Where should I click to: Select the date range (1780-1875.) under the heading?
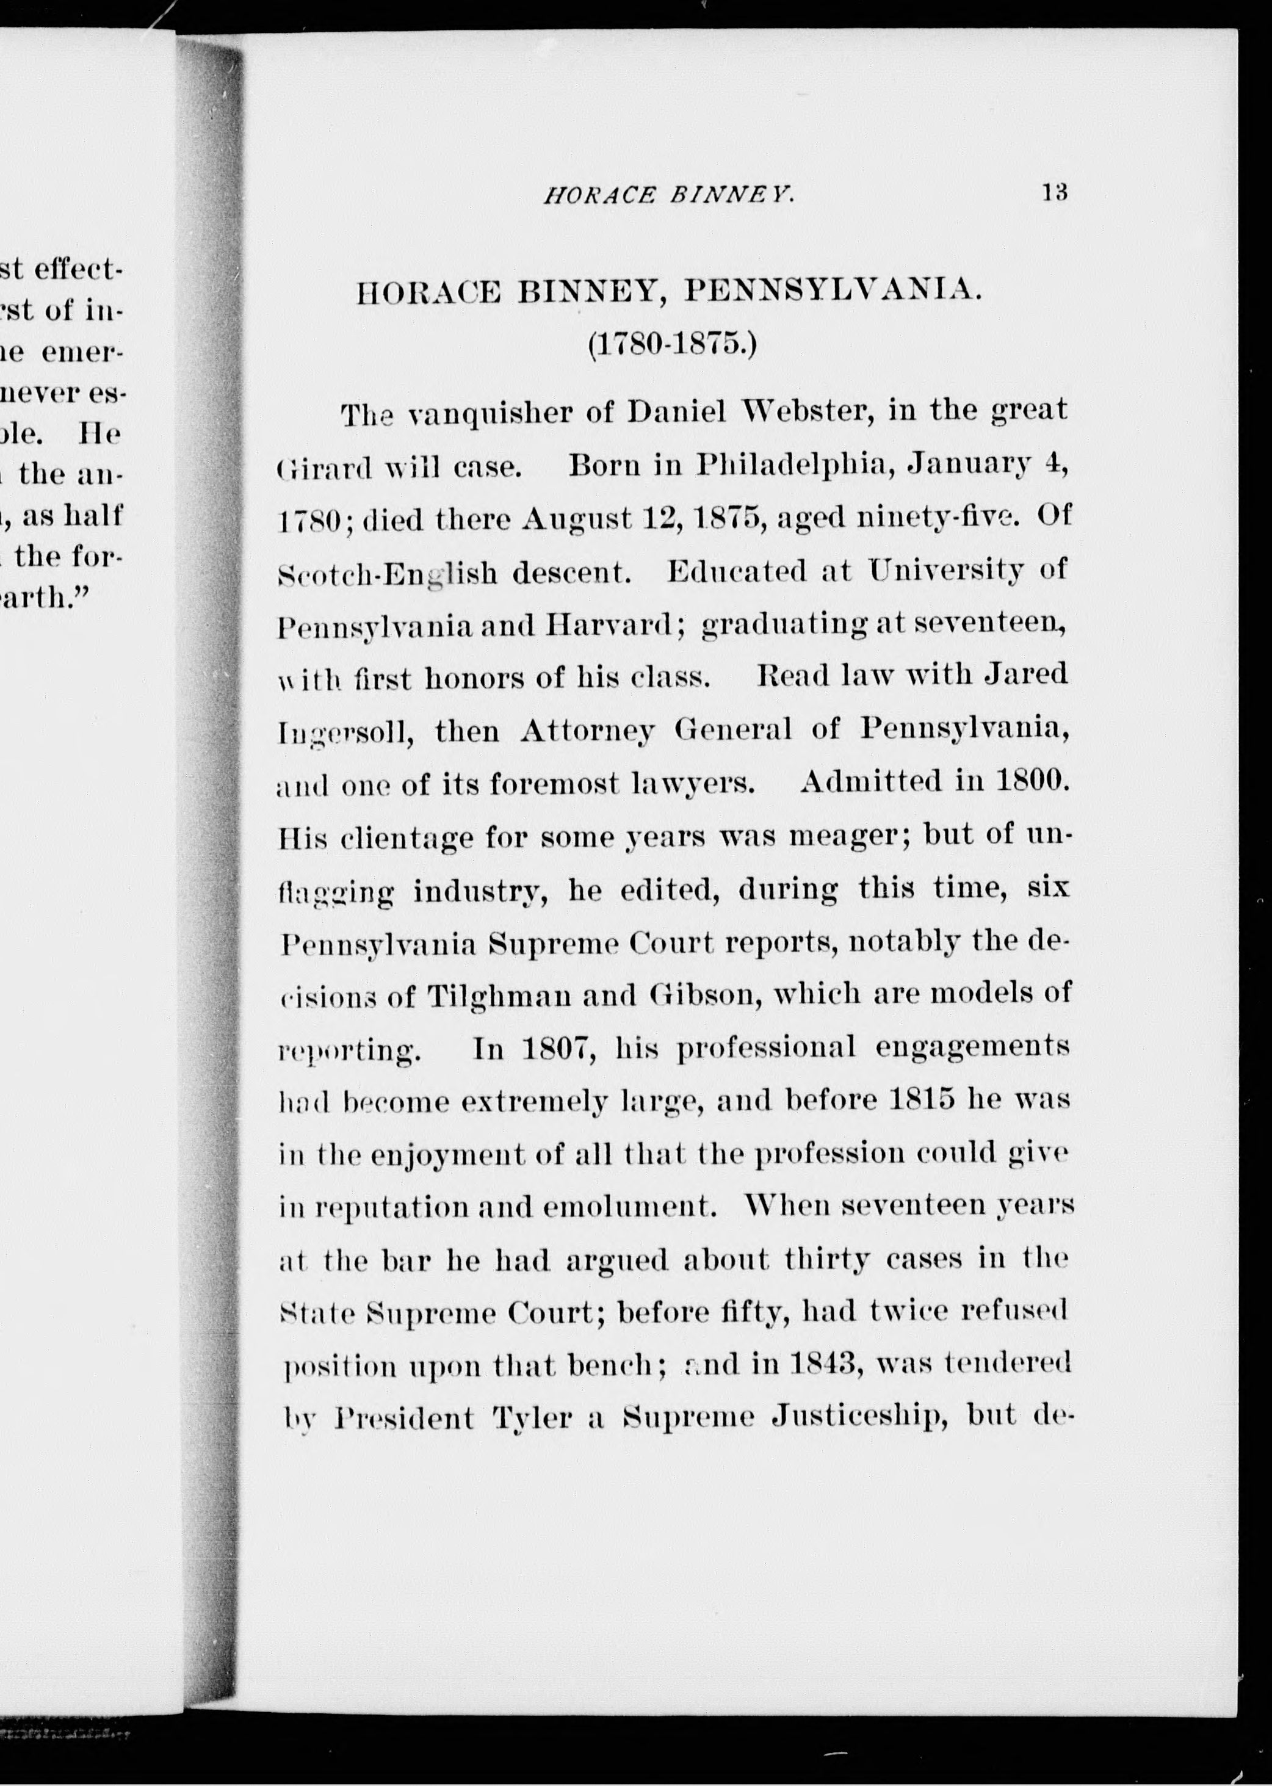click(x=672, y=345)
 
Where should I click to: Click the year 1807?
click(x=558, y=1048)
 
